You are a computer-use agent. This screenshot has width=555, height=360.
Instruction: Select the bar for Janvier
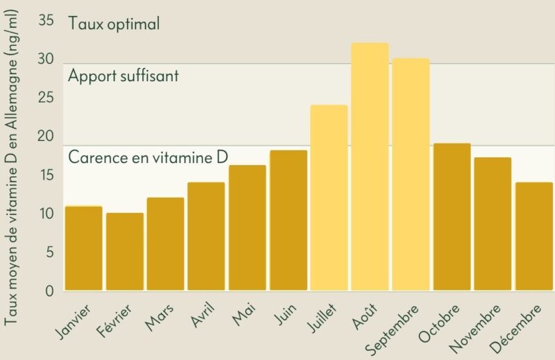coord(84,248)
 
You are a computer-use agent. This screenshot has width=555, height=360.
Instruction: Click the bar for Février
coord(125,252)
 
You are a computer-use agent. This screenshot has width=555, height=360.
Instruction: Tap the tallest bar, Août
coord(370,166)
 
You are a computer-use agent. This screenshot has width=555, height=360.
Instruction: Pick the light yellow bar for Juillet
coord(329,198)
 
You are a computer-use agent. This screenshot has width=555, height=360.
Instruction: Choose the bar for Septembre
coord(411,175)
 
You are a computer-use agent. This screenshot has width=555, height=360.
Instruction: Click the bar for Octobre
coord(452,217)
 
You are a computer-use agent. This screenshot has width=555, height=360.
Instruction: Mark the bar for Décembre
coord(534,237)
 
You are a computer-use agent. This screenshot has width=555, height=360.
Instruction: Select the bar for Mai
coord(248,228)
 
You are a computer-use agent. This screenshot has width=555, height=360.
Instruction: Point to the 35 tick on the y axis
coord(46,21)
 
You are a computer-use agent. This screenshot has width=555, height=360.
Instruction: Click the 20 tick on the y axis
coord(46,136)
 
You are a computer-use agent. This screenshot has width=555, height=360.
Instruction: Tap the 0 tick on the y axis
coord(49,291)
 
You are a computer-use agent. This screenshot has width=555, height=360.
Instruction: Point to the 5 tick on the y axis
coord(50,252)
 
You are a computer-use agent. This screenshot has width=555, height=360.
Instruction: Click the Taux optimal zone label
coord(114,24)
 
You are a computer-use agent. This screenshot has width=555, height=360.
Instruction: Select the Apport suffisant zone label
coord(123,76)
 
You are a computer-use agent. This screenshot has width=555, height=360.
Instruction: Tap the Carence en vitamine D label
coord(148,157)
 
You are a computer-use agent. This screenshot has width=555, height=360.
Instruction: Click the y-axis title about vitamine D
coord(11,166)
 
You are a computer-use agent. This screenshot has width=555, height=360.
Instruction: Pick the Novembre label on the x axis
coord(475,329)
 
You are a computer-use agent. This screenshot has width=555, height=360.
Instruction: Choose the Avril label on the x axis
coord(203,315)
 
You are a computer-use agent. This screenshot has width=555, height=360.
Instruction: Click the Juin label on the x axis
coord(286,314)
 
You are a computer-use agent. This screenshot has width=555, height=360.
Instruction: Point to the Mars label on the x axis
coord(160,318)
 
